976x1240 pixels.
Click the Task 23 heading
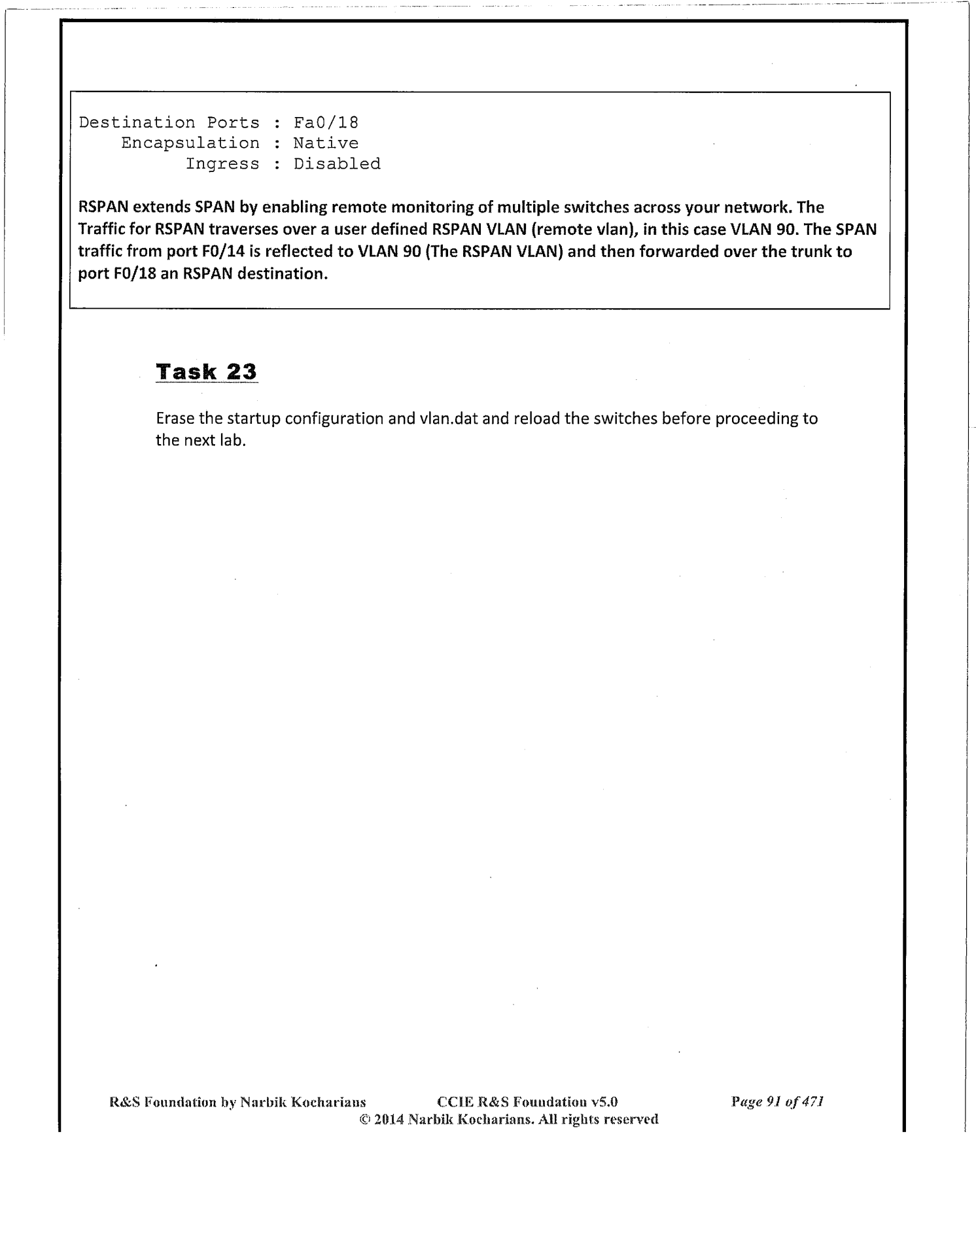[x=206, y=371]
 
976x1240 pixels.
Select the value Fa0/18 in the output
[x=326, y=123]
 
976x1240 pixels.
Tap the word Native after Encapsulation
[x=326, y=143]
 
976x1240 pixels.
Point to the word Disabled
[x=337, y=164]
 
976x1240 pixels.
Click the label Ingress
[x=222, y=164]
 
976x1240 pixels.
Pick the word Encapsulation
[x=190, y=143]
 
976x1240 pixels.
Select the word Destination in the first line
[x=137, y=123]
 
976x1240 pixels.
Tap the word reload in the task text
[x=536, y=419]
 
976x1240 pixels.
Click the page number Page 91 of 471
[x=776, y=1102]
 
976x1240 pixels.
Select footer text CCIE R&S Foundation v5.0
[x=527, y=1102]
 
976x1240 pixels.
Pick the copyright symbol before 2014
[x=364, y=1119]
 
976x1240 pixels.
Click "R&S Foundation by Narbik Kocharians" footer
[x=237, y=1102]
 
